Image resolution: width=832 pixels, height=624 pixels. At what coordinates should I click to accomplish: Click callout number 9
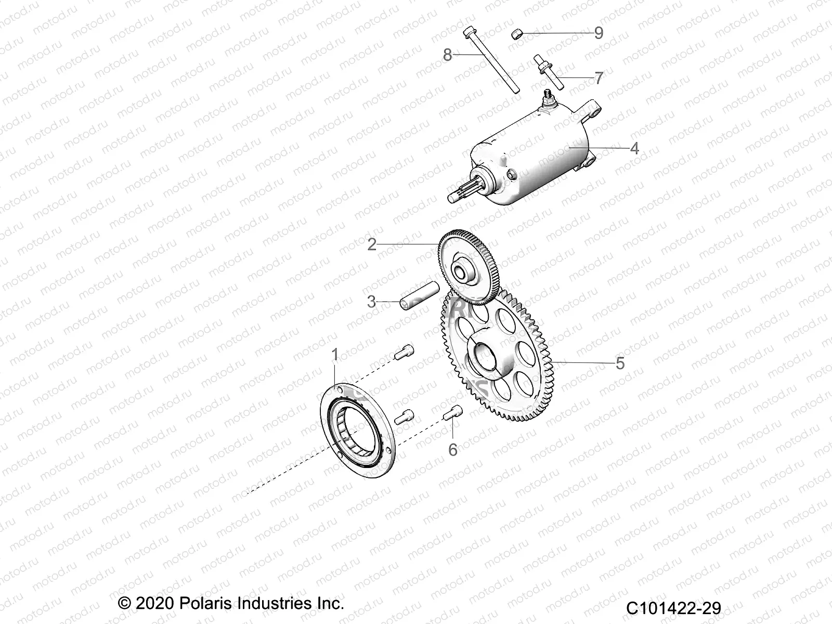point(599,33)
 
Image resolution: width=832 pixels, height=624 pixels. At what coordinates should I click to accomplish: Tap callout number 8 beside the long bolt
point(447,55)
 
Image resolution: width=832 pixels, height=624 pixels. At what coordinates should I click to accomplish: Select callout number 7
point(599,79)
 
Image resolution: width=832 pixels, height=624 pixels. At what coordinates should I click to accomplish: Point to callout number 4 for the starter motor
point(634,149)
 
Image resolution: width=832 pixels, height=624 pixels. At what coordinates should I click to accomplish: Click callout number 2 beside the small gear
point(371,244)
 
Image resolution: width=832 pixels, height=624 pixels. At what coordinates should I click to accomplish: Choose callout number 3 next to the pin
point(371,302)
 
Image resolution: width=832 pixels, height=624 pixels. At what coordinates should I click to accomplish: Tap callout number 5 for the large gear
point(620,363)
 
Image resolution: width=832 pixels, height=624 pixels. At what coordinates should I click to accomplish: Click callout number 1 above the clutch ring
point(335,355)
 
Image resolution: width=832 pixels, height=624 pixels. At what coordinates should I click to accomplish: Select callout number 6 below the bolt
point(453,450)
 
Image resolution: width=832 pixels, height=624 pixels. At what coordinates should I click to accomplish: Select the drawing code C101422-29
point(673,607)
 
